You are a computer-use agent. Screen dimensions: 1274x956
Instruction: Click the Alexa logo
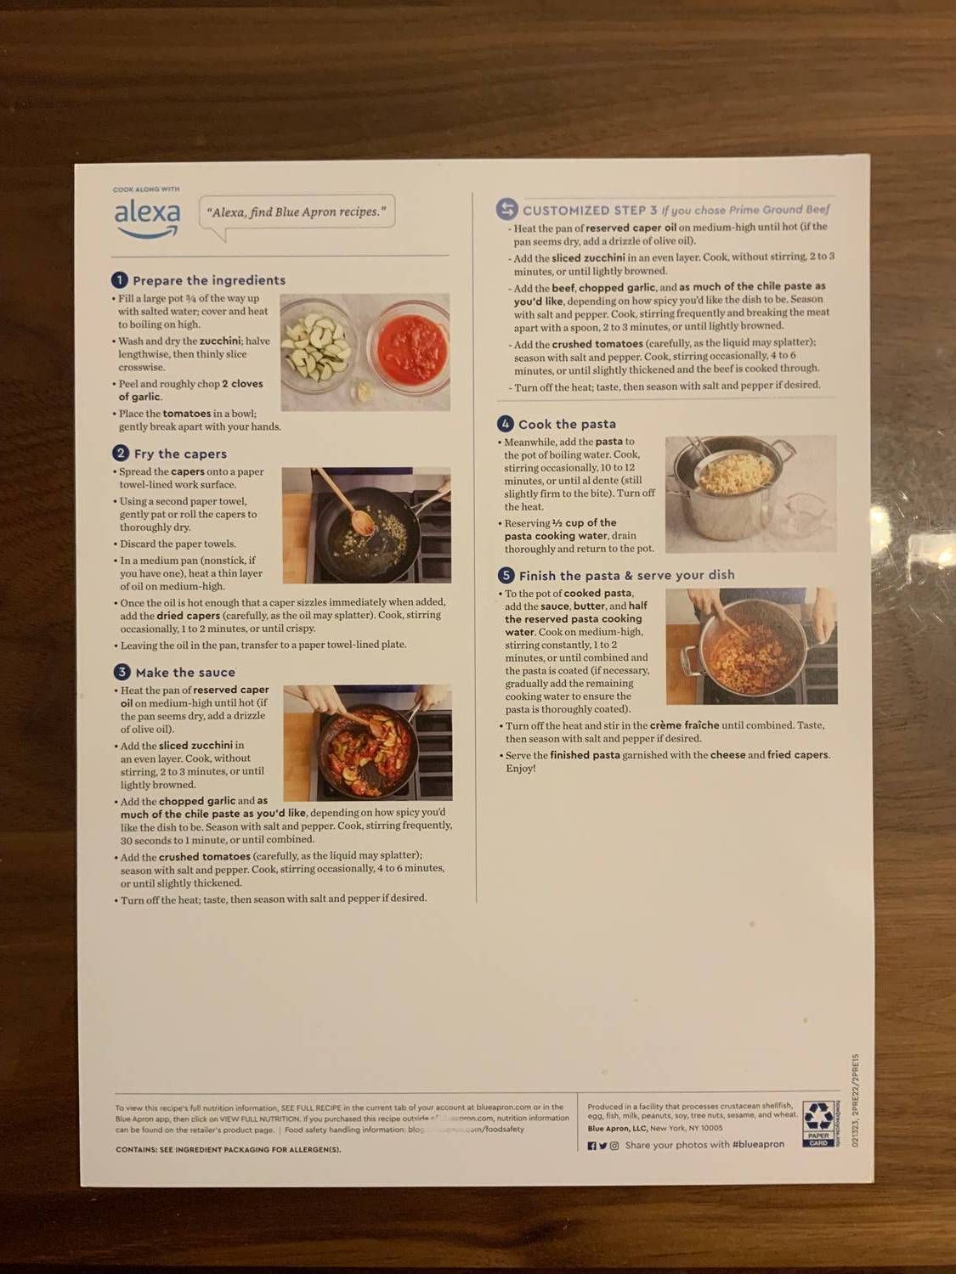tap(147, 217)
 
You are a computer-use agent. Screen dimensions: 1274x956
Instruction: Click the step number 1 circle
tap(120, 280)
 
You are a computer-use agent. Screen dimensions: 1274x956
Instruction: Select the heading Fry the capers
tap(180, 454)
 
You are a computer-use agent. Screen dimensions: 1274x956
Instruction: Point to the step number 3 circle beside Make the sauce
tap(122, 672)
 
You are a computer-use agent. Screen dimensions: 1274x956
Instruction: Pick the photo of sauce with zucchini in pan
tap(367, 742)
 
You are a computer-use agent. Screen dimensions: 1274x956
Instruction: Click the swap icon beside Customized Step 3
tap(507, 209)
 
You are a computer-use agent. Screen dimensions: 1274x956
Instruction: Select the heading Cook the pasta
tap(567, 425)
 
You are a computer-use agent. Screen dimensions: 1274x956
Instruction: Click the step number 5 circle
tap(506, 575)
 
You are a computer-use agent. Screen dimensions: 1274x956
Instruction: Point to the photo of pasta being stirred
tap(751, 646)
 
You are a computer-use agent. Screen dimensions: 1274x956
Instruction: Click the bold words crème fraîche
tap(684, 725)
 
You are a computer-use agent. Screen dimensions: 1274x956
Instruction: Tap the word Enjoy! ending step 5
tap(521, 769)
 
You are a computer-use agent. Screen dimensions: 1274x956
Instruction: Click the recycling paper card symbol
tap(818, 1123)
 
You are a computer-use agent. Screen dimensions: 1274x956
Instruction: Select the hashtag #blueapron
tap(758, 1145)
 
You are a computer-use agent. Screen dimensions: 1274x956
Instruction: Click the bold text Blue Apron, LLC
tap(617, 1129)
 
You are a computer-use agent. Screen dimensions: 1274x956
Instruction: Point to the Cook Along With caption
tap(146, 189)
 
